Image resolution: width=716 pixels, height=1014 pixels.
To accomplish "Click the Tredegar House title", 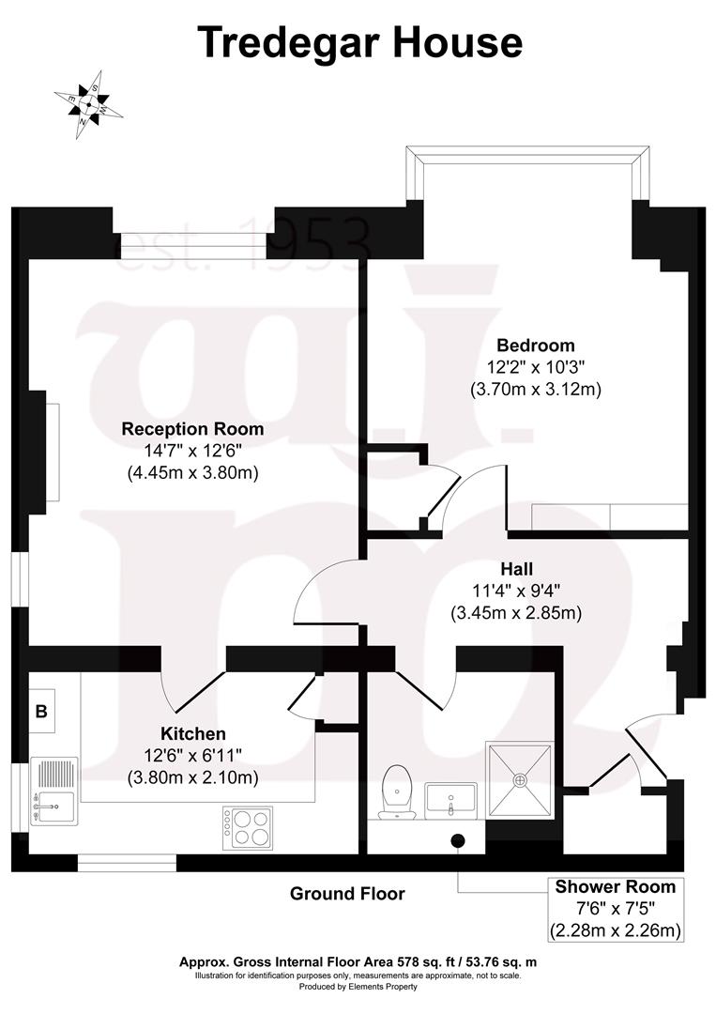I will [x=359, y=42].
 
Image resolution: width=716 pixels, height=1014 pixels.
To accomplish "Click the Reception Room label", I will [x=192, y=429].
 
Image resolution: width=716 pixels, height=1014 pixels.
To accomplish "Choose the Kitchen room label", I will [x=192, y=733].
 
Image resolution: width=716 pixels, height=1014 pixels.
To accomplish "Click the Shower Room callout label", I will [x=615, y=886].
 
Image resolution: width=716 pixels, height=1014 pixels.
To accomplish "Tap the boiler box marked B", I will [x=41, y=712].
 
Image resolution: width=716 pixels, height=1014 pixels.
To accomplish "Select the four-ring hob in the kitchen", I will [x=247, y=826].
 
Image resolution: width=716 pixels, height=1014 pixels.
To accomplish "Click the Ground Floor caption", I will [x=347, y=894].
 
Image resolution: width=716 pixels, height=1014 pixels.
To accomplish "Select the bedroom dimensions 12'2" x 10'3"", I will [x=535, y=367].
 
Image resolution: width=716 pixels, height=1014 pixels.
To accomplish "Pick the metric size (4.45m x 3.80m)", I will [x=192, y=473].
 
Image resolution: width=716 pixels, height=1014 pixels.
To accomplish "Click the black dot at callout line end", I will [x=458, y=840].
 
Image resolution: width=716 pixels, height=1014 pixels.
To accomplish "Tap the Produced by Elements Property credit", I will [x=358, y=987].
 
